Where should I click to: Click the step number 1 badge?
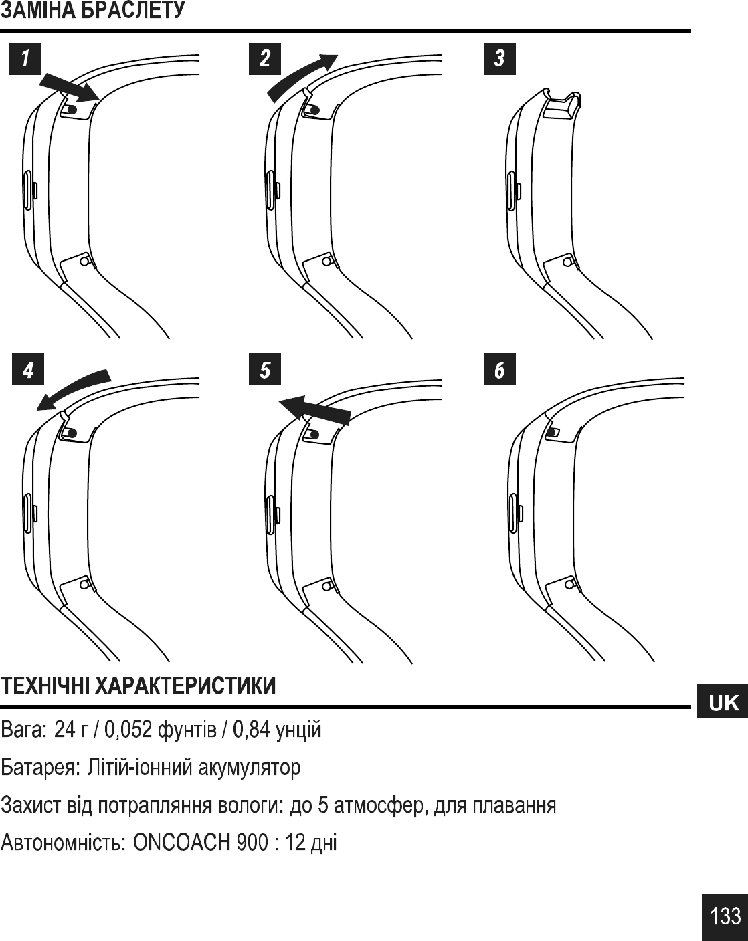click(x=25, y=58)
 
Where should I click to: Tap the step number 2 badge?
click(x=265, y=58)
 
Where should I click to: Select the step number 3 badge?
click(x=499, y=58)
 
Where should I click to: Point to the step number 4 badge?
click(x=28, y=370)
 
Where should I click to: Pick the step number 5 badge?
click(x=265, y=370)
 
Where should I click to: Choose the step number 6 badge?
click(x=499, y=370)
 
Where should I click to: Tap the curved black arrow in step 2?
click(x=302, y=74)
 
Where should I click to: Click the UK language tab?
click(x=723, y=702)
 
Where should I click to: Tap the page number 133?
click(x=725, y=916)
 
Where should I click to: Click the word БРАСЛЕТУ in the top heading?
click(x=133, y=11)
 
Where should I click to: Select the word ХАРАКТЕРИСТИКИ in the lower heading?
click(x=185, y=686)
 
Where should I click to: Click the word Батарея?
click(x=37, y=767)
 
